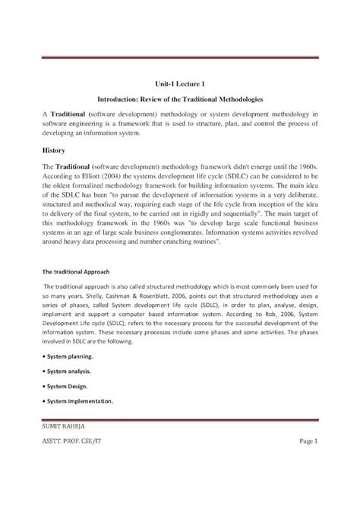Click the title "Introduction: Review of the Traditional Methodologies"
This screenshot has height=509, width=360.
click(180, 100)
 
